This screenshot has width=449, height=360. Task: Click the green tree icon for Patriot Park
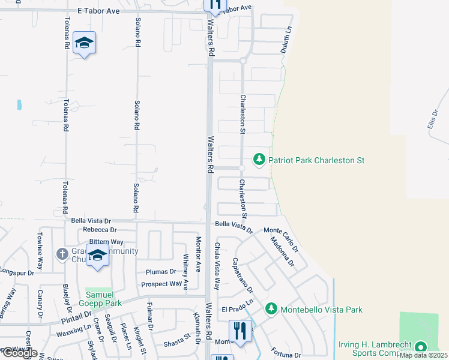click(259, 160)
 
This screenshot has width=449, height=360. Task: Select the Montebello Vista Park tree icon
click(271, 309)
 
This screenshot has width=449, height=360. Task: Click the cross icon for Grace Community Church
click(62, 254)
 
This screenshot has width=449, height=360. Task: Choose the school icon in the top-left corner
click(85, 43)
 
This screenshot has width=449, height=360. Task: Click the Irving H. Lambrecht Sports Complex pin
click(421, 347)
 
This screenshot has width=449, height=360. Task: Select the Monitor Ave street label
click(199, 254)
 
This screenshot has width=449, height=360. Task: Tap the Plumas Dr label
click(160, 272)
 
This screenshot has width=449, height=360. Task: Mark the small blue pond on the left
click(20, 104)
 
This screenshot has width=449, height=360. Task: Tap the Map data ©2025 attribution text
click(423, 355)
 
